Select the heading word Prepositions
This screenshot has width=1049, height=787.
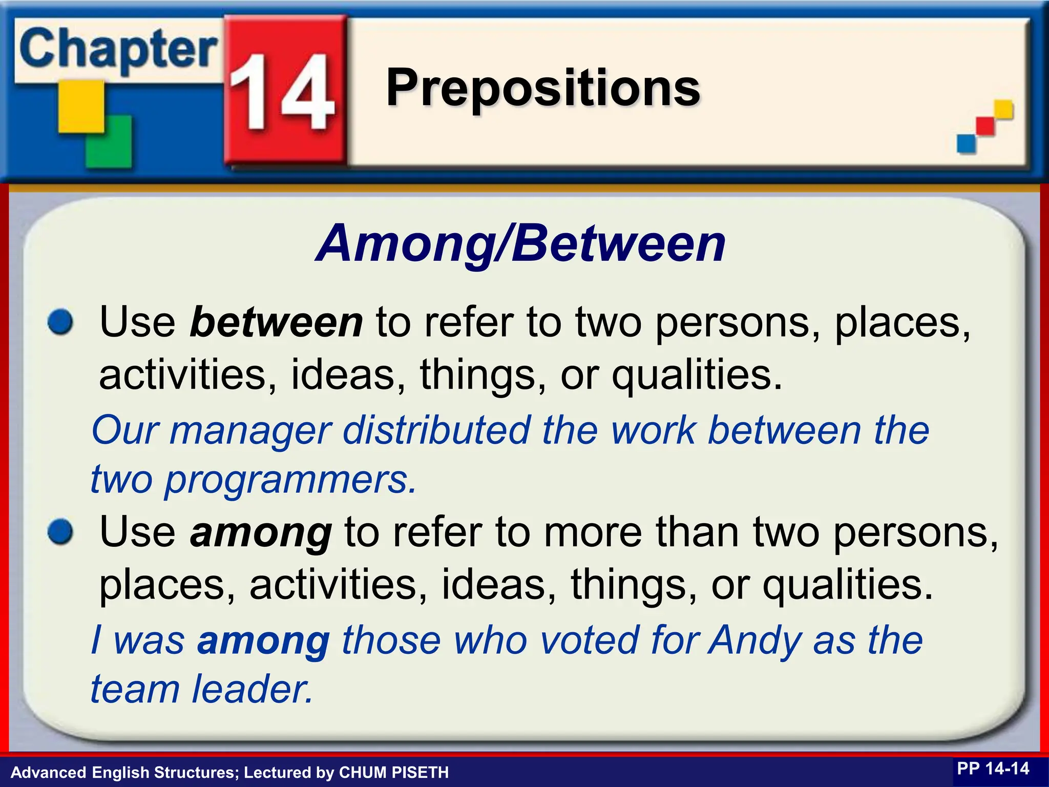tap(543, 88)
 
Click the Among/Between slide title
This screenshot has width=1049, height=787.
tap(520, 244)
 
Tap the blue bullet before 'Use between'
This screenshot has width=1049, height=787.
tap(60, 323)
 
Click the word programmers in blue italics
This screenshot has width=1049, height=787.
tap(290, 481)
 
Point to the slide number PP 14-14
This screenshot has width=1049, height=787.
tap(993, 769)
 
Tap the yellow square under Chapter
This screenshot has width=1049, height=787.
tap(81, 107)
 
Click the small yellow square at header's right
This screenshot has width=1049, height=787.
tap(1003, 109)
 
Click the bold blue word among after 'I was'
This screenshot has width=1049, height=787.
tap(263, 640)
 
